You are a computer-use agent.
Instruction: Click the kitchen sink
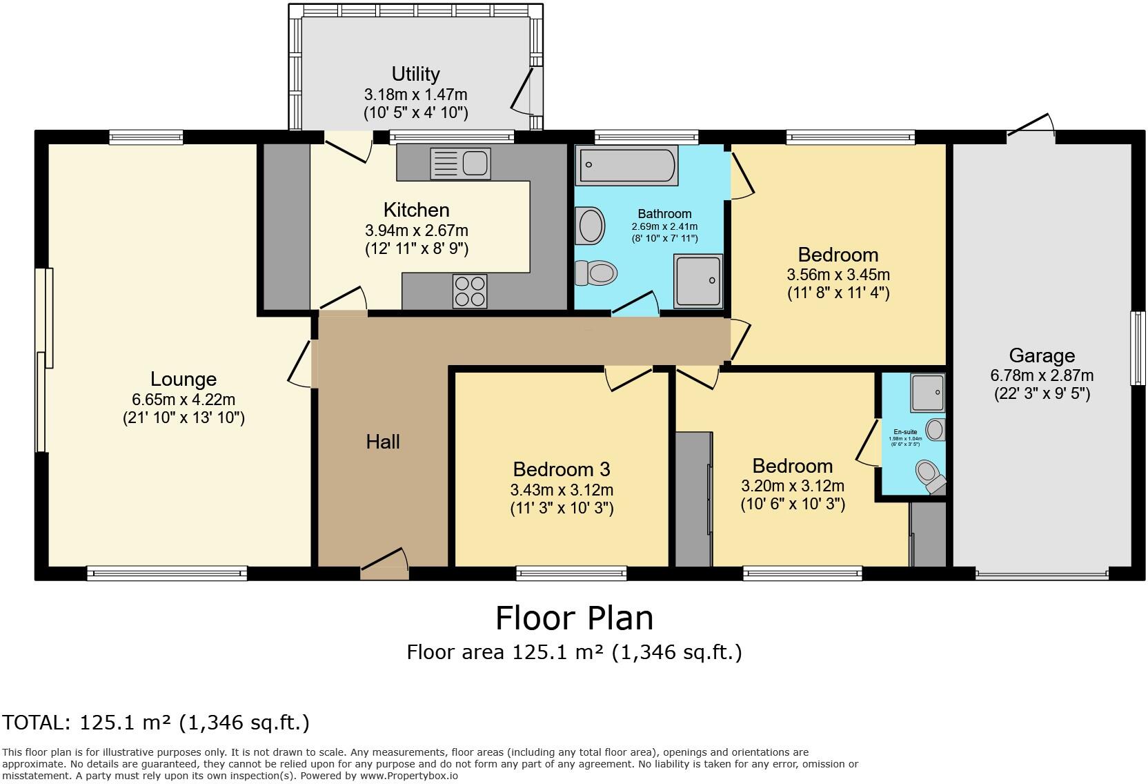(460, 164)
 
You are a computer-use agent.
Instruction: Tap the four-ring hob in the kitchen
(469, 291)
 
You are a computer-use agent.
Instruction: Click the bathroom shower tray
(698, 280)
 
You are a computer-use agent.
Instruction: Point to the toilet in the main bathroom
(595, 273)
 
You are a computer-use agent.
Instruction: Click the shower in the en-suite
(927, 392)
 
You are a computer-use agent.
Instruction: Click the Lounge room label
(184, 379)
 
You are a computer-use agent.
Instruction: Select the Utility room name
(415, 74)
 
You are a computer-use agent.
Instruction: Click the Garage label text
(1042, 355)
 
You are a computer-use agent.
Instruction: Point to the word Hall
(383, 442)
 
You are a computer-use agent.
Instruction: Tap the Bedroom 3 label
(562, 469)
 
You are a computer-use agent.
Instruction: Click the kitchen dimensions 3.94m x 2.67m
(416, 230)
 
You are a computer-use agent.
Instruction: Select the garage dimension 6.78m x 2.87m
(1042, 375)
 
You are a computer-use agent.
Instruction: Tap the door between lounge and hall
(302, 364)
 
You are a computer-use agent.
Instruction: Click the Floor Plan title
(574, 618)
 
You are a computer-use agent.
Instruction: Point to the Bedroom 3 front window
(572, 571)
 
